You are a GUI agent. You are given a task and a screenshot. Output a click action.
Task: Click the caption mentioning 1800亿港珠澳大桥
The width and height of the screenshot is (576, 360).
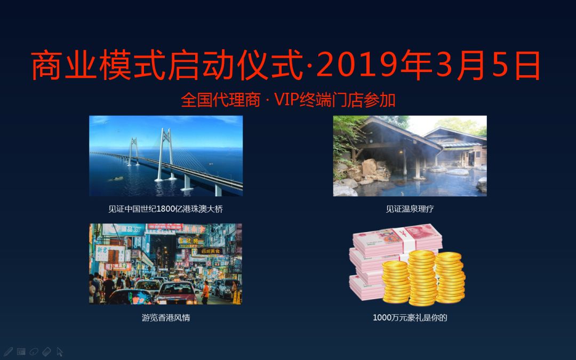click(x=166, y=209)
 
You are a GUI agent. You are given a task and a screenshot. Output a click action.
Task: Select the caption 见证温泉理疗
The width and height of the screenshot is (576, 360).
click(x=410, y=209)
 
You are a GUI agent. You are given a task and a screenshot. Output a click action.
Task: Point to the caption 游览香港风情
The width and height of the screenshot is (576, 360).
click(x=166, y=317)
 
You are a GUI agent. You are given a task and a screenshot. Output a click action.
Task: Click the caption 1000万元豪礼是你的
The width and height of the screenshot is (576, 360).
click(x=410, y=317)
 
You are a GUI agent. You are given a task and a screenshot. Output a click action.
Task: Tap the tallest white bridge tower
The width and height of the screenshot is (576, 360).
click(x=165, y=154)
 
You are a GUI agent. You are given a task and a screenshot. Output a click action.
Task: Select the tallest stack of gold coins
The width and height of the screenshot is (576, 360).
click(x=422, y=278)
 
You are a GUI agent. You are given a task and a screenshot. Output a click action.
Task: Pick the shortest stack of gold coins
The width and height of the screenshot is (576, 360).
click(x=396, y=282)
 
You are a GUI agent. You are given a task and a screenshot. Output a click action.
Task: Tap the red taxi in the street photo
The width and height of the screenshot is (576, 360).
click(x=177, y=293)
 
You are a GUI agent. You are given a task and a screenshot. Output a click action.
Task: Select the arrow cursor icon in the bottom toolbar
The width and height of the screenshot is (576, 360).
click(x=60, y=351)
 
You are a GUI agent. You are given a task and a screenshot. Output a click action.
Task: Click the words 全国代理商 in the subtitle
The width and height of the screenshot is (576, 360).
click(x=221, y=100)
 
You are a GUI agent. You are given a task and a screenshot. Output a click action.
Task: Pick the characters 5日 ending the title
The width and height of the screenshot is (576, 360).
click(x=516, y=66)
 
